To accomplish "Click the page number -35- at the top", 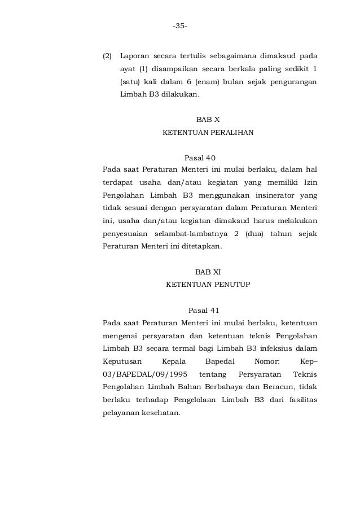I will [x=180, y=26].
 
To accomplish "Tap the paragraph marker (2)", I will [x=107, y=57].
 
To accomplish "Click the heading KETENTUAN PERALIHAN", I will [x=208, y=133].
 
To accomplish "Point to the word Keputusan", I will [x=122, y=361].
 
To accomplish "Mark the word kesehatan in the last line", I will [x=158, y=412].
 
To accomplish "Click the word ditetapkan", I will [x=200, y=246].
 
